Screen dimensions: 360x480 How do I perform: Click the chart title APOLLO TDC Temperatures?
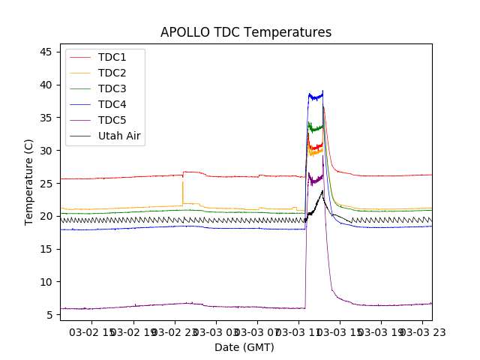(246, 32)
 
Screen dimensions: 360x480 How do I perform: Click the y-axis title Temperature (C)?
(29, 182)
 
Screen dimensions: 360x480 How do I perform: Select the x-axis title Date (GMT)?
(244, 347)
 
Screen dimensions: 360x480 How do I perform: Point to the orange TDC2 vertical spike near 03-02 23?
(182, 192)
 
